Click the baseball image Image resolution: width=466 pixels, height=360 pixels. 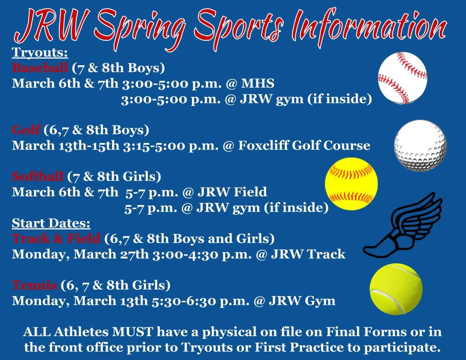point(402,78)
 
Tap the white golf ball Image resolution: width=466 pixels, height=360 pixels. point(420,145)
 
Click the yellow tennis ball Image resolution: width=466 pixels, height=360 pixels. point(396,289)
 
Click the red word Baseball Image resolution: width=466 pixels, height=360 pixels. point(40,68)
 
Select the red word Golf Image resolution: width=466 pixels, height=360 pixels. point(26,130)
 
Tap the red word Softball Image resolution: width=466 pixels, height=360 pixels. point(38,177)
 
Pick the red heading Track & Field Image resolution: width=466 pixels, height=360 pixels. point(56,239)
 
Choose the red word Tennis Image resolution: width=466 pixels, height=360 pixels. point(34,285)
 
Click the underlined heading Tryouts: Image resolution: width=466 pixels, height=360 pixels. point(40,53)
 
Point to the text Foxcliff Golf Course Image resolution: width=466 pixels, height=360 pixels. point(304,146)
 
